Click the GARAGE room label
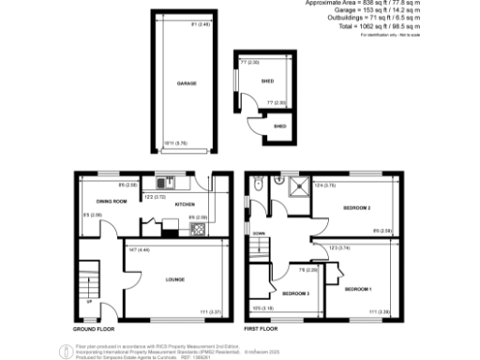click(187, 83)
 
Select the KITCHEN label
click(184, 202)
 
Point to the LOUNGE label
click(173, 278)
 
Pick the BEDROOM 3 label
click(296, 293)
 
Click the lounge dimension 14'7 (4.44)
click(135, 249)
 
